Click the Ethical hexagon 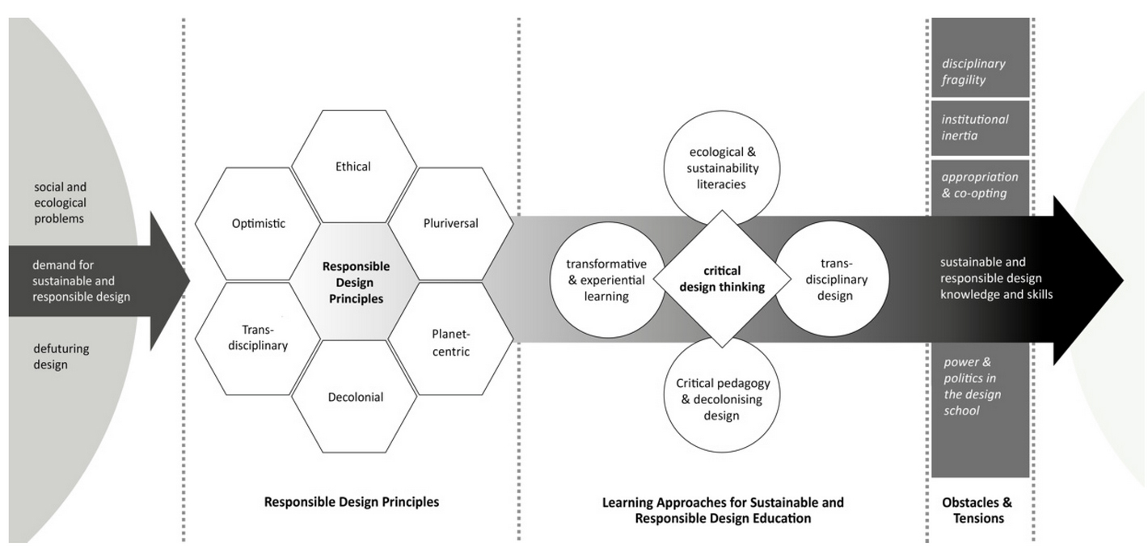[353, 166]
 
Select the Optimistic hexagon [258, 224]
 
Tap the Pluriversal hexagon [450, 223]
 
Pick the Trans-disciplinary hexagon [259, 338]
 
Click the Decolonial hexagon [355, 397]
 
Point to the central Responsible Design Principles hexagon [355, 281]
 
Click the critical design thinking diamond [722, 279]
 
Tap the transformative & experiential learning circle [606, 280]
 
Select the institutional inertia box [980, 127]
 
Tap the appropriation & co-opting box [980, 185]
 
